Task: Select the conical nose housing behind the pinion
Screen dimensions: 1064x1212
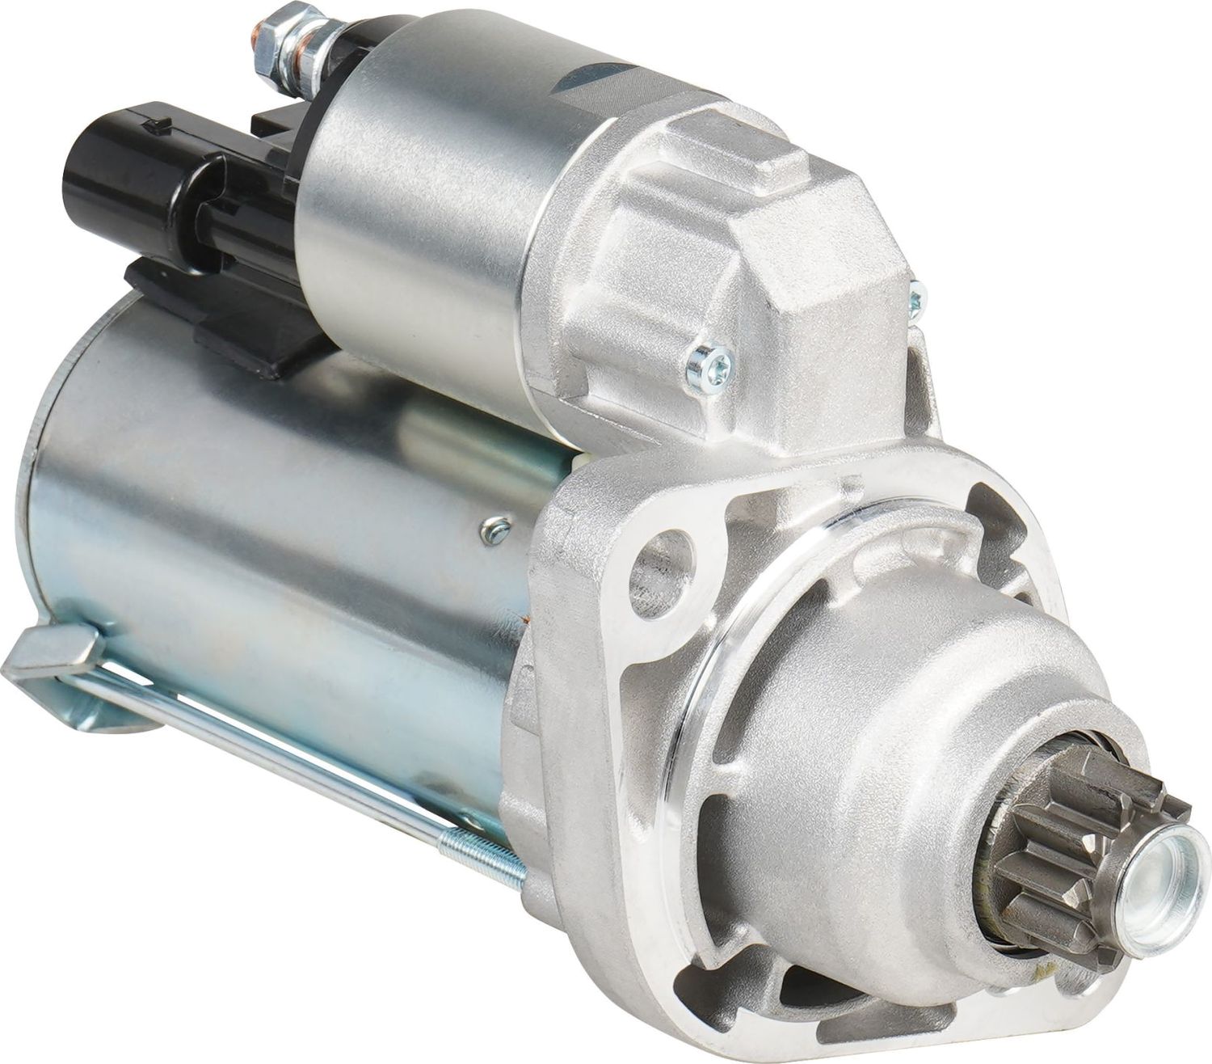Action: click(889, 728)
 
